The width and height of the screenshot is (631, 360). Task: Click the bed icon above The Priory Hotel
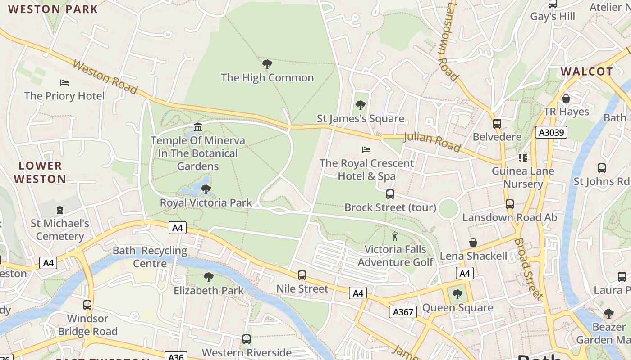pyautogui.click(x=64, y=83)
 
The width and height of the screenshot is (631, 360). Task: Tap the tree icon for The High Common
pyautogui.click(x=267, y=64)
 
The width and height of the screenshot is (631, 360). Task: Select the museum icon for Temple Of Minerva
pyautogui.click(x=198, y=127)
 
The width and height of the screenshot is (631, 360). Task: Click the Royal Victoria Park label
pyautogui.click(x=206, y=203)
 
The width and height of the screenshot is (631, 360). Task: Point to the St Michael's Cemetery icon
pyautogui.click(x=60, y=210)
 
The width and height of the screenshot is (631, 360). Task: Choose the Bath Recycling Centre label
pyautogui.click(x=150, y=257)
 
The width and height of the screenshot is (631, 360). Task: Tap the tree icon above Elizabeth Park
pyautogui.click(x=208, y=277)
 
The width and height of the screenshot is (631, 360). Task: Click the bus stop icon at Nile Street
pyautogui.click(x=302, y=275)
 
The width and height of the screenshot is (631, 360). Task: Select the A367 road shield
pyautogui.click(x=402, y=312)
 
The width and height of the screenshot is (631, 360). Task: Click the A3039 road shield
pyautogui.click(x=551, y=132)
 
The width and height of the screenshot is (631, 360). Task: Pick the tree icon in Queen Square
pyautogui.click(x=457, y=295)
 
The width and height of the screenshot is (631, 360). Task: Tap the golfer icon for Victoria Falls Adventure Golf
pyautogui.click(x=395, y=236)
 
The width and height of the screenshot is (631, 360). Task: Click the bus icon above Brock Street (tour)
pyautogui.click(x=390, y=194)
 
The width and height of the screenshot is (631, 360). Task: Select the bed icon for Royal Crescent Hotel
pyautogui.click(x=366, y=149)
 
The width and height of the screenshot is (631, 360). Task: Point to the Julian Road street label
pyautogui.click(x=432, y=142)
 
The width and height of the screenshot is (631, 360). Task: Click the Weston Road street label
pyautogui.click(x=105, y=77)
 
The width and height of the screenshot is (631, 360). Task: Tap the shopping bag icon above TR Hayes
pyautogui.click(x=566, y=98)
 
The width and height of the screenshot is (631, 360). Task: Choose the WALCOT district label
pyautogui.click(x=586, y=72)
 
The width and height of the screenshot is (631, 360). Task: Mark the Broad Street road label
pyautogui.click(x=527, y=269)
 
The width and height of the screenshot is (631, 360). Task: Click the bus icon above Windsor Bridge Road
pyautogui.click(x=87, y=305)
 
